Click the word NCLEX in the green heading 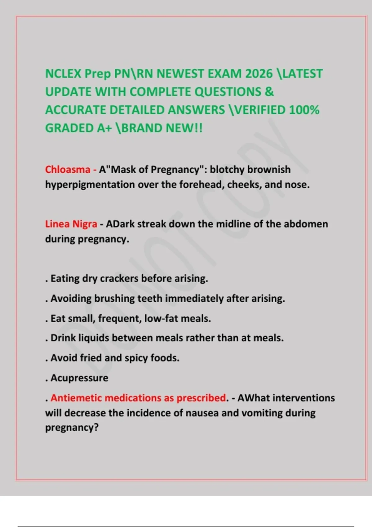pyautogui.click(x=63, y=74)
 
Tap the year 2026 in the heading pyautogui.click(x=259, y=74)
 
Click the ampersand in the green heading pyautogui.click(x=269, y=92)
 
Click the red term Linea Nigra pyautogui.click(x=71, y=224)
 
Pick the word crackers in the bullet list pyautogui.click(x=119, y=278)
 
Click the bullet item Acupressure pyautogui.click(x=79, y=378)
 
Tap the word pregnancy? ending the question pyautogui.click(x=72, y=428)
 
